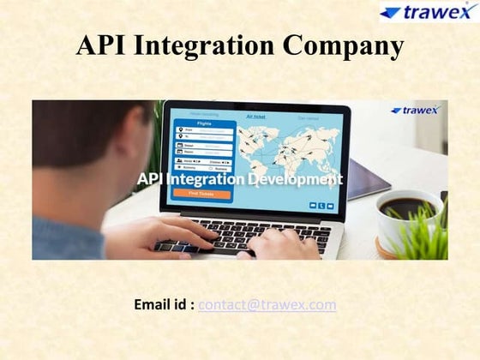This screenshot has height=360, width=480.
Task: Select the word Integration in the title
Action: click(x=205, y=46)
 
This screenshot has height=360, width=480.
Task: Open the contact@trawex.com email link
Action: click(x=267, y=304)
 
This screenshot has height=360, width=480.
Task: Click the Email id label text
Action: click(x=164, y=304)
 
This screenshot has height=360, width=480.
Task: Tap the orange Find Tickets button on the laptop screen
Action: click(x=201, y=193)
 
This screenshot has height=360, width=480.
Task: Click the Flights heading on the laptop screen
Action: click(x=204, y=123)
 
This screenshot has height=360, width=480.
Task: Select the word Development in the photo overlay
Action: click(x=296, y=179)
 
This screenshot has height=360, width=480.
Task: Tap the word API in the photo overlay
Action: click(x=150, y=179)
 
